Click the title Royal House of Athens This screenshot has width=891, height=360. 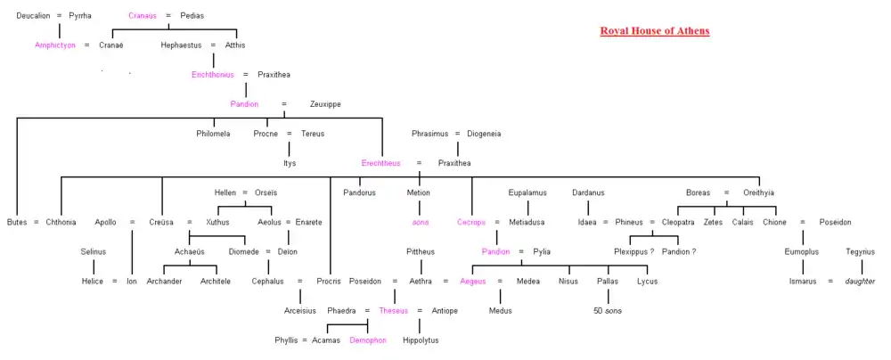click(x=655, y=31)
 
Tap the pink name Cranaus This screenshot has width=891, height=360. click(x=143, y=16)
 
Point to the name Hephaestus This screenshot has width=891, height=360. click(x=181, y=45)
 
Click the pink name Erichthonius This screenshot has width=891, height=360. click(x=212, y=74)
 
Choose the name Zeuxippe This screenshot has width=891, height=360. click(x=325, y=104)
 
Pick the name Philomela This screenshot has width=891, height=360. click(x=213, y=134)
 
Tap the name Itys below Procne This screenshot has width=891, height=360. click(x=290, y=163)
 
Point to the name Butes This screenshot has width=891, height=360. click(x=17, y=222)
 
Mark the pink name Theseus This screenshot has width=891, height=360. click(x=393, y=311)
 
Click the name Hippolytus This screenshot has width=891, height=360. click(x=421, y=340)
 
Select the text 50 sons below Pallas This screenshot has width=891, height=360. click(x=608, y=311)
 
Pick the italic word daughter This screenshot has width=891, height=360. click(x=861, y=282)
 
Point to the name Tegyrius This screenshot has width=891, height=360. click(x=861, y=251)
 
